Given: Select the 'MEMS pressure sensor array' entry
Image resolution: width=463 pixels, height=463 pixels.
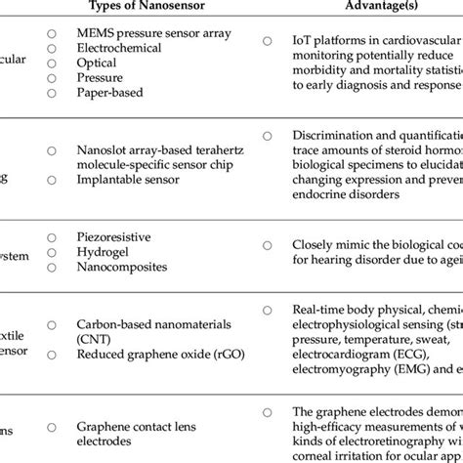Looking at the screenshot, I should point(154,32).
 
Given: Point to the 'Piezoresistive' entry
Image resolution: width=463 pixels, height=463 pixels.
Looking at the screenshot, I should point(116,236).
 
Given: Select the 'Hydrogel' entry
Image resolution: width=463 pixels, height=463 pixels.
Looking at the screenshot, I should point(103,251).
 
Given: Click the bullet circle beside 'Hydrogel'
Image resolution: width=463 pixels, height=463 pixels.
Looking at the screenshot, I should point(51,251).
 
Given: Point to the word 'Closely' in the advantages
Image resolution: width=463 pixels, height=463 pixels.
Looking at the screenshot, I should point(315,245).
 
